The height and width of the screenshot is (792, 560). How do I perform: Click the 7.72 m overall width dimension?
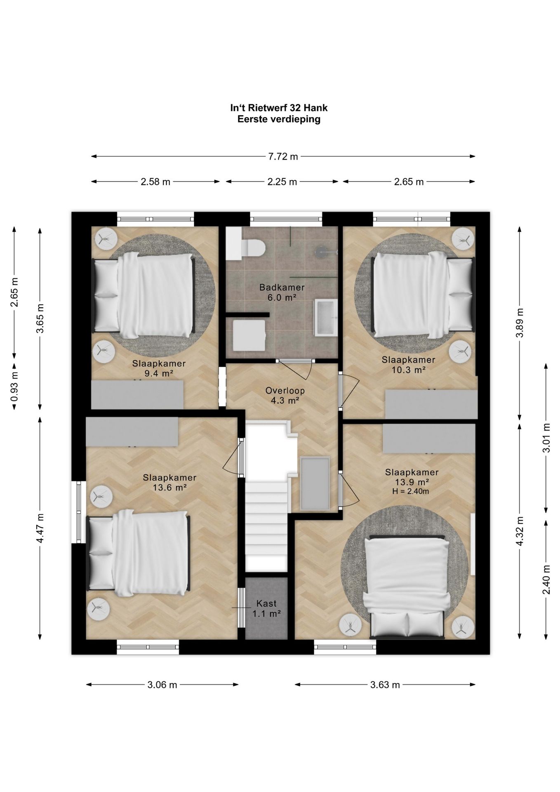(x=283, y=156)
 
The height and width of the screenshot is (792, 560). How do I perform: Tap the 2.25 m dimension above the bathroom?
(x=282, y=181)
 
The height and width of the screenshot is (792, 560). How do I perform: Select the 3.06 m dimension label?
(x=162, y=685)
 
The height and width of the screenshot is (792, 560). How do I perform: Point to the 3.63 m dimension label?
(x=385, y=685)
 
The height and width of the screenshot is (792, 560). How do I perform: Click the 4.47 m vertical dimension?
(x=40, y=528)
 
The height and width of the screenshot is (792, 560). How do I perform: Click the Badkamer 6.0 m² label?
(x=282, y=292)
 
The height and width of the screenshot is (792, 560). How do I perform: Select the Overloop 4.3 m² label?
(x=282, y=395)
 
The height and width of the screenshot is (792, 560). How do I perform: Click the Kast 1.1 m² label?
(x=266, y=608)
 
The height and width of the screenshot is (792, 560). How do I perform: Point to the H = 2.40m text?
(x=410, y=491)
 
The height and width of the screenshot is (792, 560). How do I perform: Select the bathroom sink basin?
(x=326, y=317)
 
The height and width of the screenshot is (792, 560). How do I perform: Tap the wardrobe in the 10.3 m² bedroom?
(x=431, y=404)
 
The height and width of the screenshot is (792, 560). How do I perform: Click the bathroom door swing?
(x=296, y=369)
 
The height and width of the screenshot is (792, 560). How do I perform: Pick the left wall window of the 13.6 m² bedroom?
(x=79, y=512)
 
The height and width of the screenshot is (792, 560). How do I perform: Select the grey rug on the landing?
(x=315, y=483)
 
